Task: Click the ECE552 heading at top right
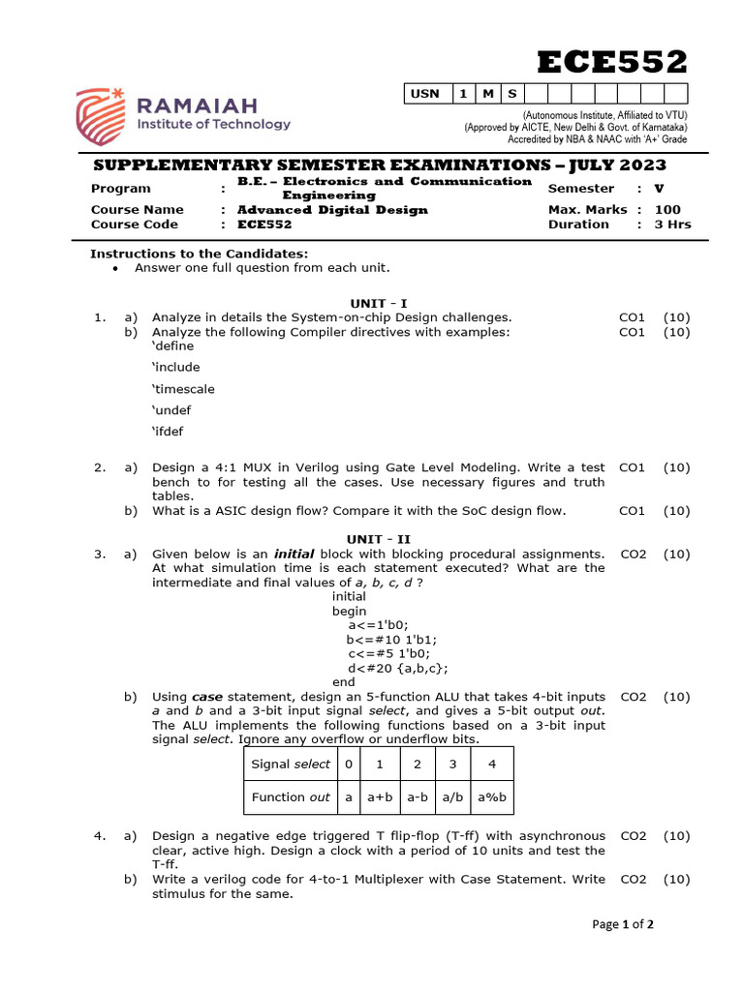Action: pyautogui.click(x=612, y=62)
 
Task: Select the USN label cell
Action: pyautogui.click(x=425, y=94)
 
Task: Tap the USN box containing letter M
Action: pyautogui.click(x=487, y=94)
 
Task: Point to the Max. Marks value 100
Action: pyautogui.click(x=667, y=209)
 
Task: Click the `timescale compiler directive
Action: pyautogui.click(x=183, y=389)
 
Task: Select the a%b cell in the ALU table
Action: pyautogui.click(x=492, y=797)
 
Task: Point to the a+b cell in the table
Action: pyautogui.click(x=379, y=797)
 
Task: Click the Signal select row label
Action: pyautogui.click(x=290, y=764)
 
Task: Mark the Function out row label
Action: pyautogui.click(x=290, y=797)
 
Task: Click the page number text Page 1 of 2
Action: pyautogui.click(x=623, y=924)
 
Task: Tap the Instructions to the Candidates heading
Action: pyautogui.click(x=199, y=254)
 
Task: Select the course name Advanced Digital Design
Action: pyautogui.click(x=332, y=209)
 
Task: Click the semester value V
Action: pyautogui.click(x=659, y=189)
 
